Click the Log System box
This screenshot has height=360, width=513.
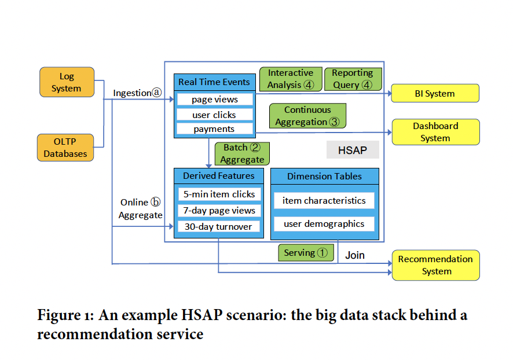(x=66, y=82)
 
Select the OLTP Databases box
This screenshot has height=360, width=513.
(x=65, y=148)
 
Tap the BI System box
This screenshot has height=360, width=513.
(x=435, y=93)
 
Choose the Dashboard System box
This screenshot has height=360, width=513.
(x=435, y=132)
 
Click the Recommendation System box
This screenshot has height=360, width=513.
(x=435, y=265)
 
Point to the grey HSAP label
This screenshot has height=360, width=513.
(x=353, y=150)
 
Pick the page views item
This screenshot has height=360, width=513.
(x=214, y=100)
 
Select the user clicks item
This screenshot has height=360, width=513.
(x=214, y=115)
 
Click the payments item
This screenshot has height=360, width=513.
(x=214, y=129)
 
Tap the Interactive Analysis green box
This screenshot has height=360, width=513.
(x=290, y=79)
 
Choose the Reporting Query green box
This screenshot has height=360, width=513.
(x=353, y=79)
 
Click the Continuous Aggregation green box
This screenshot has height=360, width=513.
(x=307, y=116)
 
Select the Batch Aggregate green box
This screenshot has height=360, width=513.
(x=242, y=153)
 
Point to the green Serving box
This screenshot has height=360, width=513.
(x=306, y=253)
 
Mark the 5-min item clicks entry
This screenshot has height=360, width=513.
(x=219, y=194)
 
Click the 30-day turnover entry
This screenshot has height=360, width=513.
(x=218, y=226)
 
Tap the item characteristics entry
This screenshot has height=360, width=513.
(x=324, y=201)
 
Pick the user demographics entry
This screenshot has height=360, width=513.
(x=324, y=223)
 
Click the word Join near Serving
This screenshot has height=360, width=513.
(x=355, y=255)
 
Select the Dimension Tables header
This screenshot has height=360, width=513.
(x=324, y=177)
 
